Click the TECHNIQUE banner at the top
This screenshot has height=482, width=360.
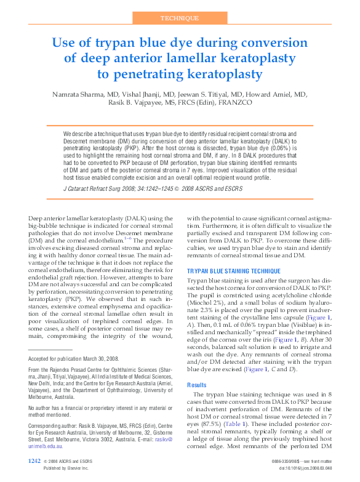tap(180, 19)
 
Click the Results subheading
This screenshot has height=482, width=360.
tap(199, 384)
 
